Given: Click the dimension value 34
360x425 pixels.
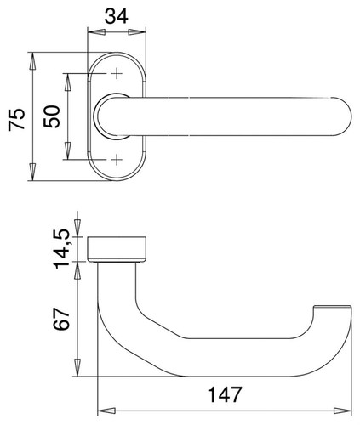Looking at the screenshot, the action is coord(117,16).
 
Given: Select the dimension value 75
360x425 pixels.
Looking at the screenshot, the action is coord(17,119).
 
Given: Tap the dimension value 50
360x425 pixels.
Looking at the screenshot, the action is coord(52,116).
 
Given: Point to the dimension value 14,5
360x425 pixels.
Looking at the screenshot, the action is coord(62,249).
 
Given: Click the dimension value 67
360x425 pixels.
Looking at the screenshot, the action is coord(61,318).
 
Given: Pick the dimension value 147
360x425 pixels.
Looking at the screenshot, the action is coord(225,394).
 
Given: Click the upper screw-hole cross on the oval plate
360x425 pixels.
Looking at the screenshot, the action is coord(117,74).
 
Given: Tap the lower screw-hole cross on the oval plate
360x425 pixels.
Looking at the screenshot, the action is coord(117,160).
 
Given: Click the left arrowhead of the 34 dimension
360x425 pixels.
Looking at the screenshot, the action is coord(96,32).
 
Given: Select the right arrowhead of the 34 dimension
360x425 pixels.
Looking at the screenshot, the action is coord(137,32).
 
